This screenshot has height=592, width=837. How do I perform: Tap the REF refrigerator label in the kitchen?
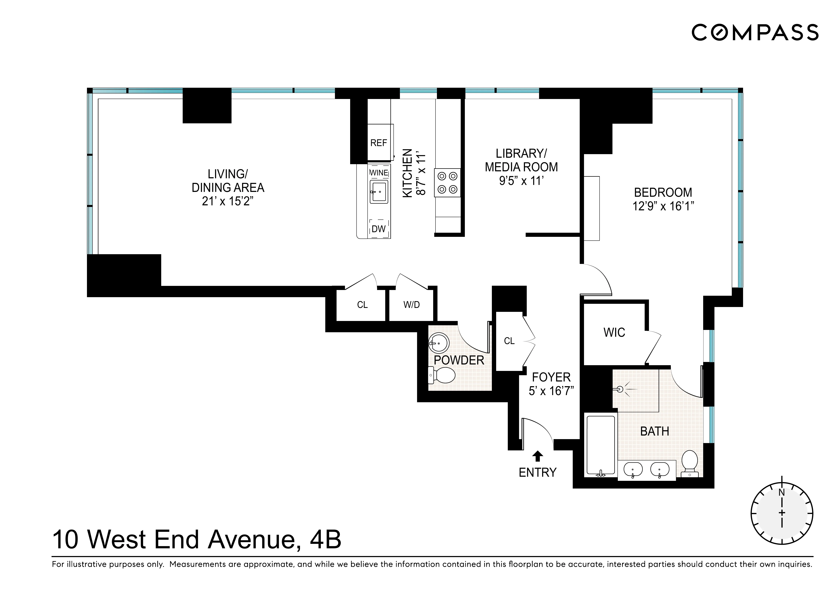click(378, 143)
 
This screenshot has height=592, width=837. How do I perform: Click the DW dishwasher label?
click(378, 229)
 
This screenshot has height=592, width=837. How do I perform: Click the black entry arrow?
click(538, 456)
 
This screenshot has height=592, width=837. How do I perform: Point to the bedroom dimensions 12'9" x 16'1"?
click(663, 206)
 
